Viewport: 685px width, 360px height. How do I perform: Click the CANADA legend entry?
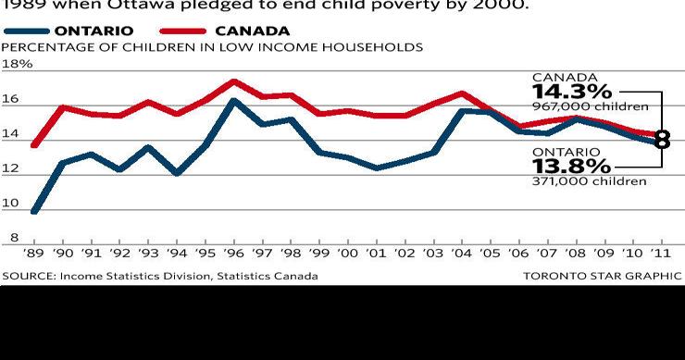(x=252, y=31)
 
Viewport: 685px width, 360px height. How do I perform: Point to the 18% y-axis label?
(x=18, y=64)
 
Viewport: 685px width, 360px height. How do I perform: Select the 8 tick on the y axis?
(x=14, y=238)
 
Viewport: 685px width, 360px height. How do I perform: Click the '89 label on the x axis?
(x=35, y=253)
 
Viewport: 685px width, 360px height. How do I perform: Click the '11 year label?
(x=659, y=253)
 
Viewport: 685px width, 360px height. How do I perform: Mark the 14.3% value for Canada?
(x=571, y=92)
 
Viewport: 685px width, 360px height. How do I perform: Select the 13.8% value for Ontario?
(x=571, y=166)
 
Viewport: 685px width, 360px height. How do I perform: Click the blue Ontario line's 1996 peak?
(x=234, y=101)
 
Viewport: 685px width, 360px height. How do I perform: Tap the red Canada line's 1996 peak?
(x=234, y=81)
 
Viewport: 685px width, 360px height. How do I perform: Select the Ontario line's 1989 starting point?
(x=35, y=211)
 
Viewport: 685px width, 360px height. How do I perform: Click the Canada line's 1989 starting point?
(x=35, y=145)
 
